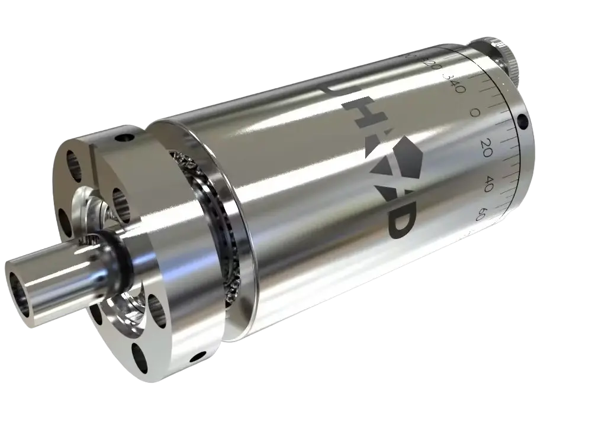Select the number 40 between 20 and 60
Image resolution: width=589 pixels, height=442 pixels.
click(488, 179)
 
